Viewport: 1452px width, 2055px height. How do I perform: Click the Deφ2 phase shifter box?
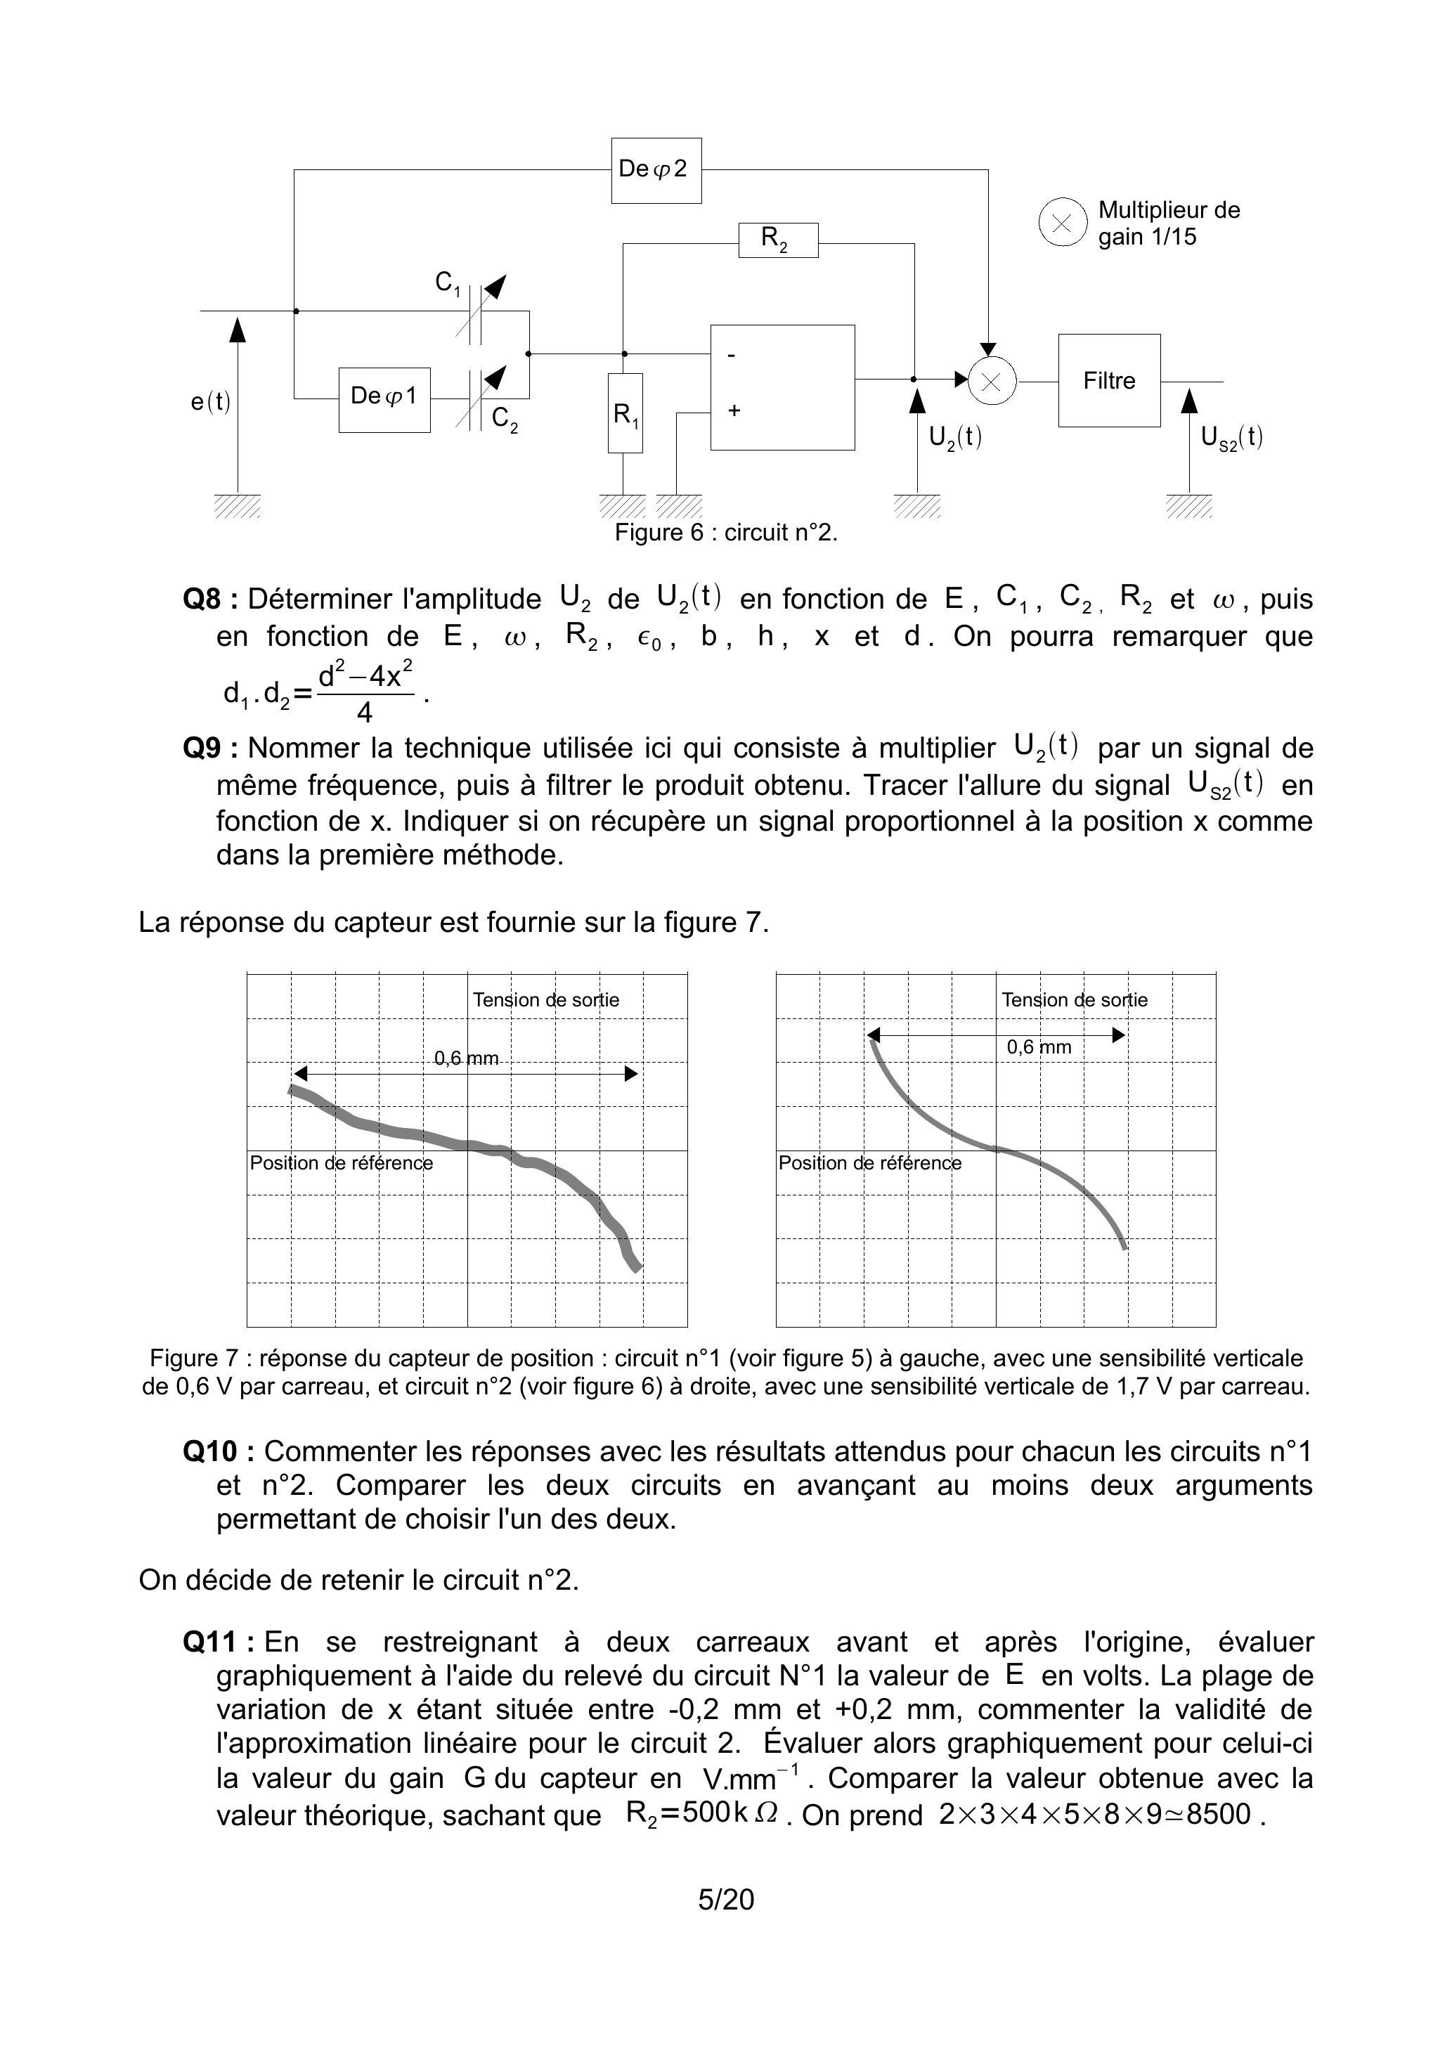click(x=656, y=170)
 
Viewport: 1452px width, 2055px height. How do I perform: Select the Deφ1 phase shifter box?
click(x=384, y=399)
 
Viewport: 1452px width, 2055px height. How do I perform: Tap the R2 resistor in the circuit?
click(x=778, y=240)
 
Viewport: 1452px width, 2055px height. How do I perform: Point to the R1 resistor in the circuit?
click(x=625, y=413)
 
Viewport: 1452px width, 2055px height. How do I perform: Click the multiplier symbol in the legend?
click(x=1062, y=223)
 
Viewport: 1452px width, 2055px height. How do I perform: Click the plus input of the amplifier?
click(x=734, y=411)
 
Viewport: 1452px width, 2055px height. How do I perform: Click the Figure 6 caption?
click(x=725, y=533)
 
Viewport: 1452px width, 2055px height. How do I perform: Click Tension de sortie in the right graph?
click(x=1074, y=1000)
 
